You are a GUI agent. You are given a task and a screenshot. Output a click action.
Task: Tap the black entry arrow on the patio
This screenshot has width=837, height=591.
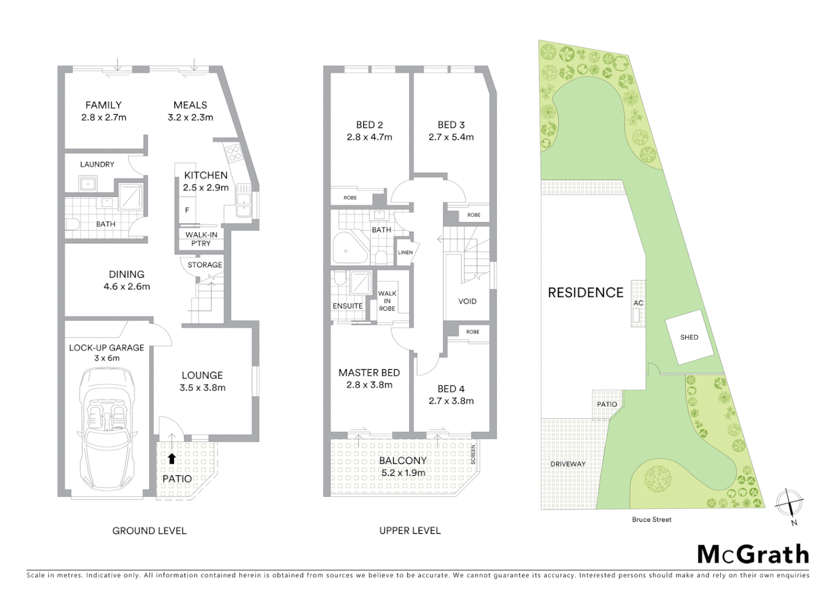[x=172, y=459]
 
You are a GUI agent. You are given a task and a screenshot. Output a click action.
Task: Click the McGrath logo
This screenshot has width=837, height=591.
[x=753, y=554]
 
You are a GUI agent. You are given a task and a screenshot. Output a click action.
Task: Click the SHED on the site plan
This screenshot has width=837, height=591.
[x=689, y=337]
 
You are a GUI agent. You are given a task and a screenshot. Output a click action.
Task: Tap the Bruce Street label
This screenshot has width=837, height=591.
[x=651, y=519]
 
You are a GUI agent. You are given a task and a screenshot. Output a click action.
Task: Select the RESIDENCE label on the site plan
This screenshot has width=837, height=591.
[x=586, y=293]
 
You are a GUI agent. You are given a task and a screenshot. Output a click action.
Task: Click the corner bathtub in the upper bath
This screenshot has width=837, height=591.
[x=346, y=250]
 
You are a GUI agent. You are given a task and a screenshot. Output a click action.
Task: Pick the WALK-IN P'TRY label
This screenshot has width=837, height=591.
[x=201, y=239]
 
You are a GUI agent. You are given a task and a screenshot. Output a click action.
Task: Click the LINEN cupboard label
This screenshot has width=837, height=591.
[x=405, y=253]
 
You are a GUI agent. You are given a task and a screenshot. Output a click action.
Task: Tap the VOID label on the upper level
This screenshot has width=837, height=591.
[x=467, y=302]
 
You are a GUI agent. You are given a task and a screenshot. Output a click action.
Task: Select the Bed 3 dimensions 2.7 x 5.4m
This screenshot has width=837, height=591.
[x=451, y=137]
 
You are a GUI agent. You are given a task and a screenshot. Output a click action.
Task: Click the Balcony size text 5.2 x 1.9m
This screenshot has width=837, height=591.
[x=403, y=473]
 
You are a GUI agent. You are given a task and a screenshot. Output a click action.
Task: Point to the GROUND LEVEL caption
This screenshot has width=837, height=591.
[x=149, y=531]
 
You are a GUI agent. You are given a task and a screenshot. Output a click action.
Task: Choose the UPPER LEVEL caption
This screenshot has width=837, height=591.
[x=410, y=531]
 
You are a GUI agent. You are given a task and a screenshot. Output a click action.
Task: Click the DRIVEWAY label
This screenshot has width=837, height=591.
[x=568, y=464]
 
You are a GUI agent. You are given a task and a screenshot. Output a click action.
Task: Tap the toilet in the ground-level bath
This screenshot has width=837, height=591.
[x=72, y=224]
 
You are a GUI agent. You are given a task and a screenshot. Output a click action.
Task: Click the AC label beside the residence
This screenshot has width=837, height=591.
[x=638, y=303]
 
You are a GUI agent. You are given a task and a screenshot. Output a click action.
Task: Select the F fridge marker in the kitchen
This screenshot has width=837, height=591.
[x=187, y=210]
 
